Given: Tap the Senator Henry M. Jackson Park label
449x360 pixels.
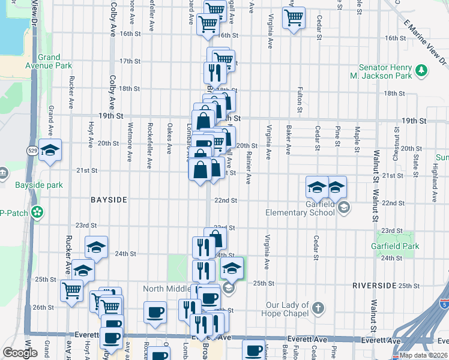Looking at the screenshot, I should pyautogui.click(x=385, y=72).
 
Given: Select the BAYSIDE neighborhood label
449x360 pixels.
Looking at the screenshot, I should pyautogui.click(x=109, y=199).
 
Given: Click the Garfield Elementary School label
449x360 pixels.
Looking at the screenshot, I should pyautogui.click(x=300, y=208).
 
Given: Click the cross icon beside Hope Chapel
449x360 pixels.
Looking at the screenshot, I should pyautogui.click(x=318, y=309).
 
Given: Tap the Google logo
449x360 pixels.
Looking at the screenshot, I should pyautogui.click(x=20, y=353).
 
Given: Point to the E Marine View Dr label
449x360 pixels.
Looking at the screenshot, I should pyautogui.click(x=425, y=42).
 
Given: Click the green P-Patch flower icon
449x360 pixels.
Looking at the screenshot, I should pyautogui.click(x=38, y=212).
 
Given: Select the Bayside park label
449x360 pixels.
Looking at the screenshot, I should pyautogui.click(x=40, y=185).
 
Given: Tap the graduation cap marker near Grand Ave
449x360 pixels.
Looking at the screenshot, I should pyautogui.click(x=50, y=150).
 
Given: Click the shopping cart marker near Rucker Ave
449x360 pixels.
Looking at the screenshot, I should pyautogui.click(x=72, y=290).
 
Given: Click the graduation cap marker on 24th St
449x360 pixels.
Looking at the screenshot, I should pyautogui.click(x=96, y=247).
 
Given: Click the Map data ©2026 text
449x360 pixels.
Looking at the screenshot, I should pyautogui.click(x=423, y=355).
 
